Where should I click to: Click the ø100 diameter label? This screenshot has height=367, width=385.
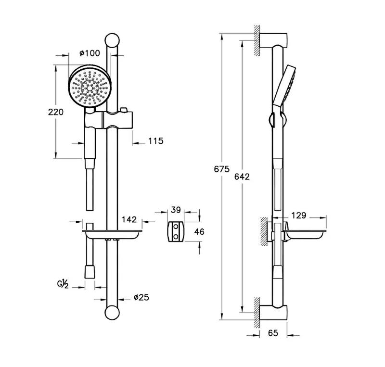click(90, 53)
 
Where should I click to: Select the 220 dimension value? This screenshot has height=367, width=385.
click(56, 112)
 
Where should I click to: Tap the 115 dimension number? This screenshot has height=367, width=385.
click(155, 141)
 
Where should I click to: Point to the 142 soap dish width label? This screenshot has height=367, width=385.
click(129, 219)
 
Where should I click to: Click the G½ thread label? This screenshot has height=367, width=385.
click(63, 283)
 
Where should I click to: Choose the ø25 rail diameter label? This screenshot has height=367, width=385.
click(141, 297)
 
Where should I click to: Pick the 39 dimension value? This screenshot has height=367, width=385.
click(176, 210)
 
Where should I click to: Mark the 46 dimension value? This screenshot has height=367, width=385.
click(199, 231)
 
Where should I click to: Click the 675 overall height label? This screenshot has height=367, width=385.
click(222, 169)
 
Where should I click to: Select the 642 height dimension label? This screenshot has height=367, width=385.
click(242, 177)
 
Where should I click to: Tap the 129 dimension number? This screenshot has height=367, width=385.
click(299, 215)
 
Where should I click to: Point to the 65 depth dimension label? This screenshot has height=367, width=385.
click(273, 333)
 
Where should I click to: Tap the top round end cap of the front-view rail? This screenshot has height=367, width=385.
click(112, 40)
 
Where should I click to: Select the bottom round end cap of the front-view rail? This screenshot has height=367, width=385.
click(112, 313)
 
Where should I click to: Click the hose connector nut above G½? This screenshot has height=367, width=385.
click(90, 271)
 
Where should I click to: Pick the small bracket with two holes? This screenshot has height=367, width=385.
click(176, 231)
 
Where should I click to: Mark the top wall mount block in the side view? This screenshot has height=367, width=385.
click(273, 40)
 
